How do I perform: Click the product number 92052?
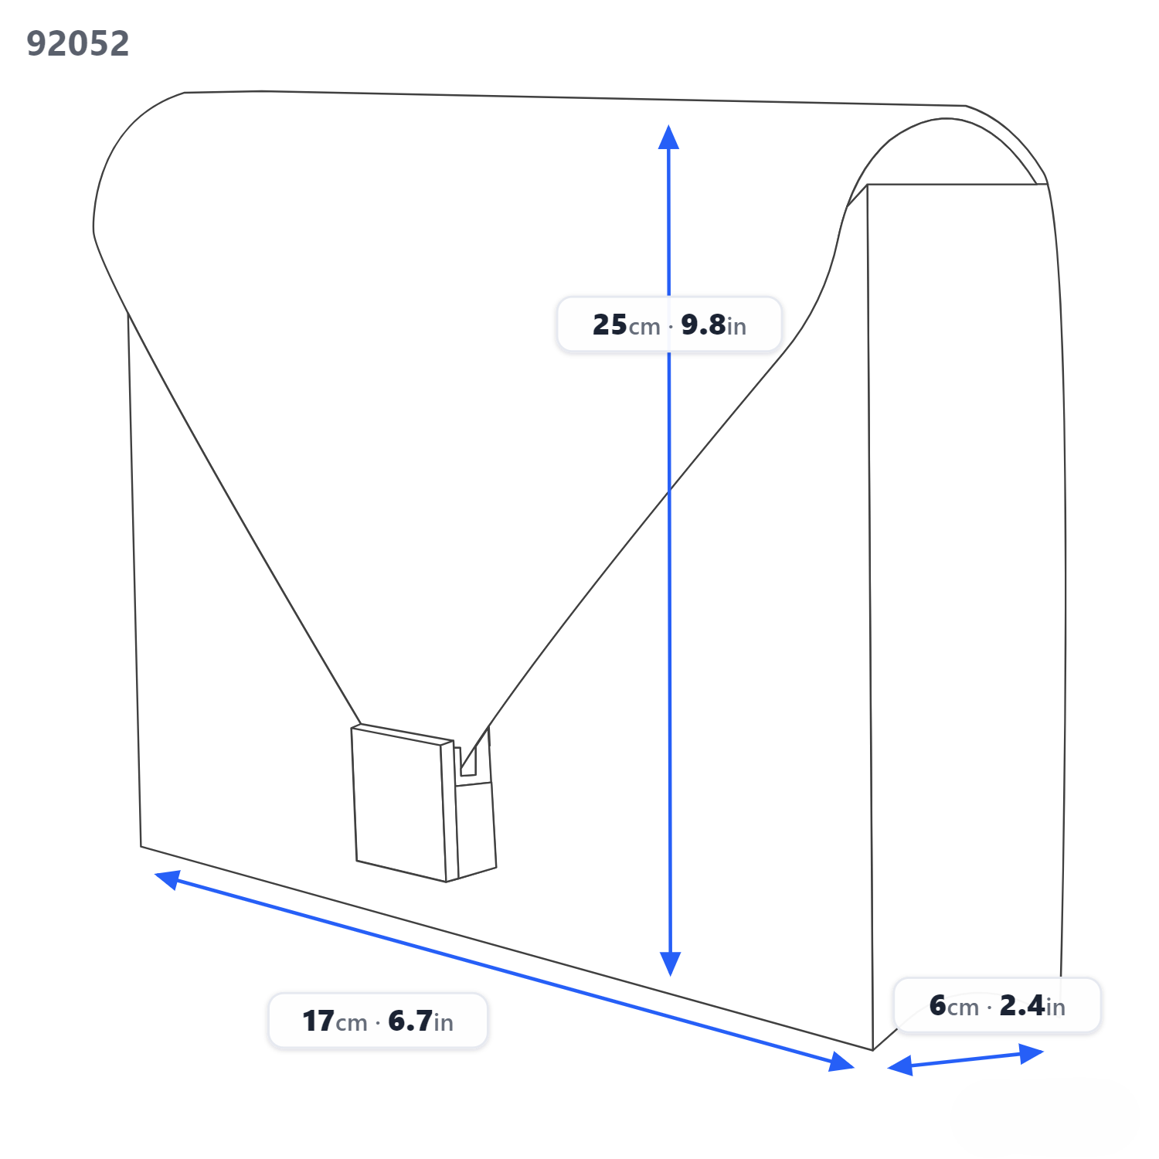tap(78, 43)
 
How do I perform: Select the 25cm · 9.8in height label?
tap(669, 325)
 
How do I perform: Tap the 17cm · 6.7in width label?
tap(378, 1021)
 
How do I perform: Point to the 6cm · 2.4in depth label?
tap(997, 1005)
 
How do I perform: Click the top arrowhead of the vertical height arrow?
tap(668, 137)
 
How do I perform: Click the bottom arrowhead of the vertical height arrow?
tap(671, 964)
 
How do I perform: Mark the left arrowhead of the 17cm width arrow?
tap(168, 879)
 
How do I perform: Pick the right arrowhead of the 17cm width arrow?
tap(841, 1062)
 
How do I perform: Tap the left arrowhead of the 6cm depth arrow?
tap(900, 1066)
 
